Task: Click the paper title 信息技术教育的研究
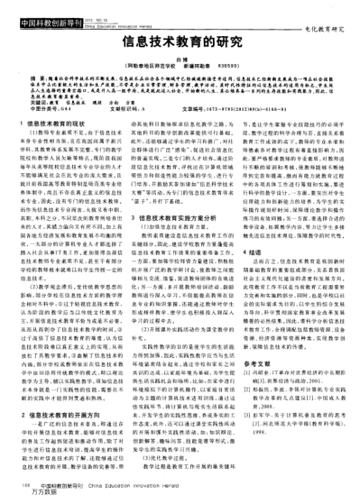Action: pos(180,43)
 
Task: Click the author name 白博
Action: pos(180,59)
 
